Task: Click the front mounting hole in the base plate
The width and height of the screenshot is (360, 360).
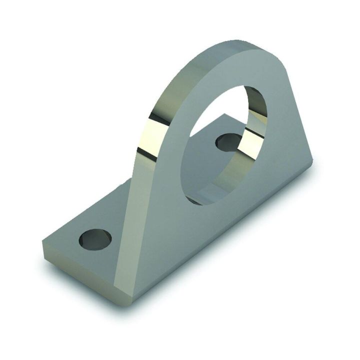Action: coord(94,239)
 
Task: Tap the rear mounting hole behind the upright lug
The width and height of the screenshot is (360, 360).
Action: coord(227,142)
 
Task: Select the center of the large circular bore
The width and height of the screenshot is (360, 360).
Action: coord(222,145)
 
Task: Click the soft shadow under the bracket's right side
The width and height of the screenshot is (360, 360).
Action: coord(260,235)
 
